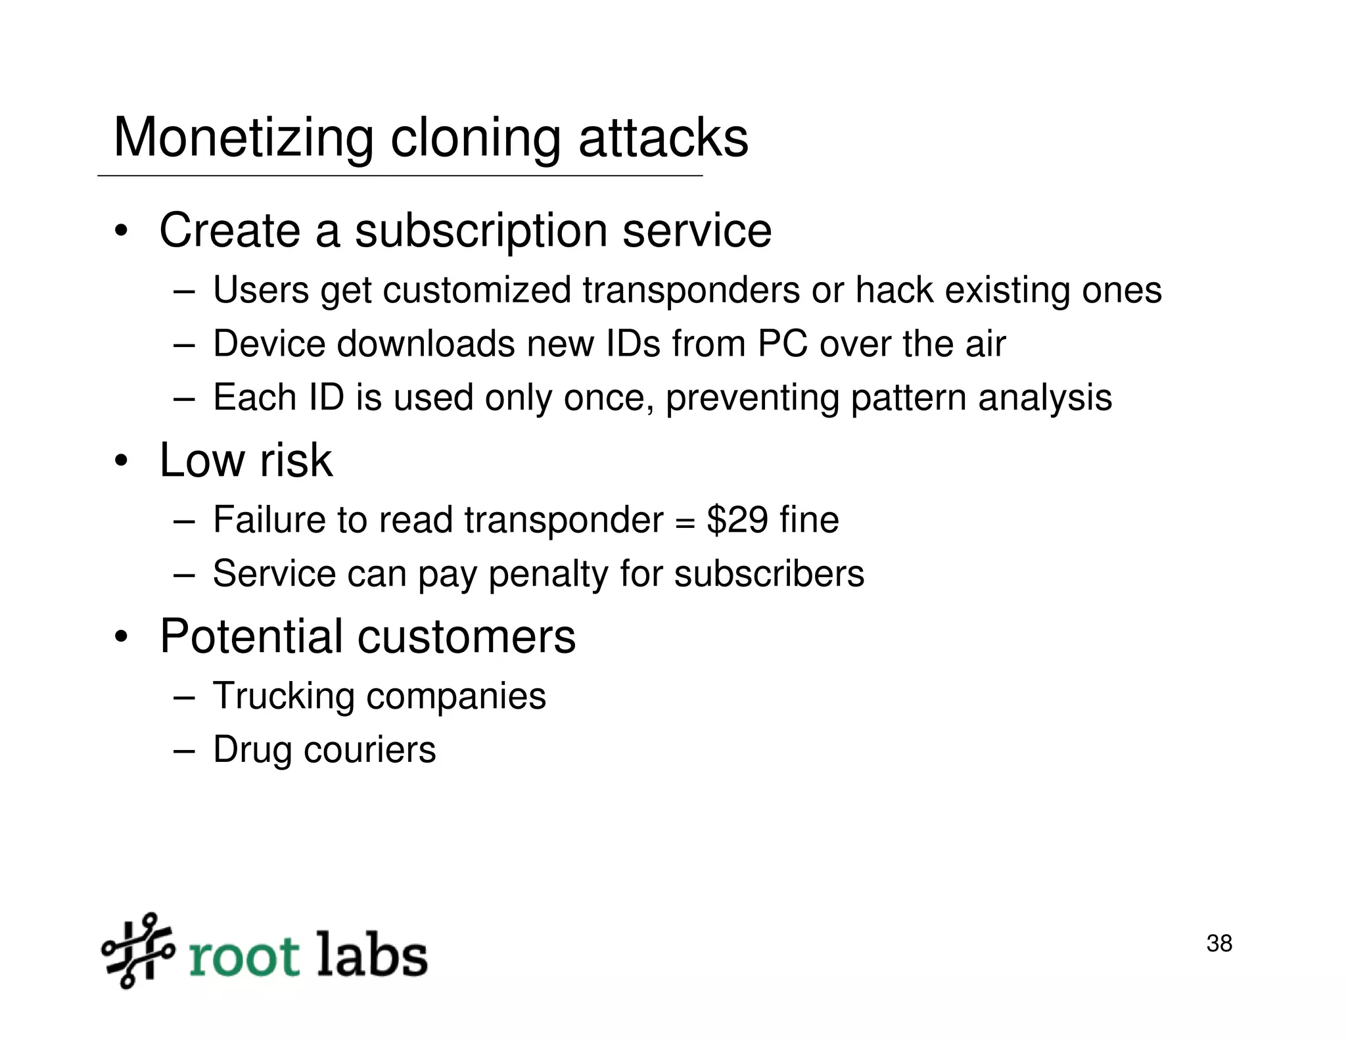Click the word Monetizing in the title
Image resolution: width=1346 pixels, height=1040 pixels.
[243, 137]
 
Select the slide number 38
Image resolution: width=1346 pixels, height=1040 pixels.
[1219, 943]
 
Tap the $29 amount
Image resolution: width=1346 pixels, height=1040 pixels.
[737, 519]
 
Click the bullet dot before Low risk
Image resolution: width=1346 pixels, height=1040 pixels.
[120, 461]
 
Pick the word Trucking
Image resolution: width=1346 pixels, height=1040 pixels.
[283, 696]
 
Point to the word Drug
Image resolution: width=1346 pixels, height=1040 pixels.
[252, 750]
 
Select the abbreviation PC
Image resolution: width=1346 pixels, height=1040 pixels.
[783, 343]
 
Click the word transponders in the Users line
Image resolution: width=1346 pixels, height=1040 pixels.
[691, 290]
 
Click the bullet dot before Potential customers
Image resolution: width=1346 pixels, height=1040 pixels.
[120, 637]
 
